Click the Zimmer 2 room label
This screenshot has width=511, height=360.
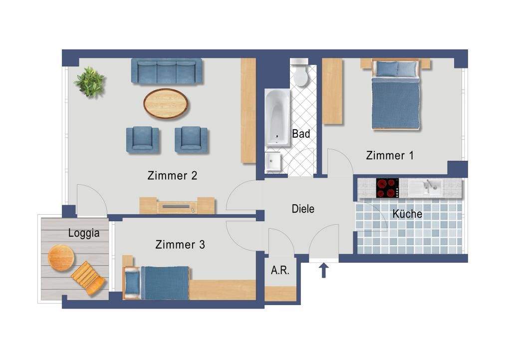tap(172, 175)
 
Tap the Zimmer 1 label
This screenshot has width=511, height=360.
tap(390, 155)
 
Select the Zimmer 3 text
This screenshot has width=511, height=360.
tap(180, 244)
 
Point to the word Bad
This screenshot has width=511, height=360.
tap(301, 134)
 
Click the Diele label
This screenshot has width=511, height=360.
tap(303, 209)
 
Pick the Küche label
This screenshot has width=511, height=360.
tap(407, 214)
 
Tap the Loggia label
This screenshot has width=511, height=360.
tap(84, 233)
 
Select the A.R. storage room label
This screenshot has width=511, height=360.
tap(280, 270)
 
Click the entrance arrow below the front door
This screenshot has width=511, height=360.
tap(323, 270)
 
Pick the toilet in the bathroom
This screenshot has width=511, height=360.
tap(300, 74)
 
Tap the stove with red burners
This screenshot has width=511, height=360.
tap(387, 188)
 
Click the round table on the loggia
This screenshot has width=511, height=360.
tap(61, 258)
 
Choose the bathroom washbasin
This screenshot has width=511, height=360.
tap(273, 161)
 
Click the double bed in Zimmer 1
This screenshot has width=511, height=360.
tap(395, 95)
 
